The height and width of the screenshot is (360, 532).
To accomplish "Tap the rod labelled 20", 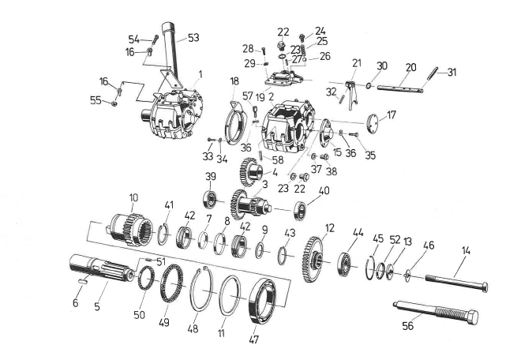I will pos(398,89).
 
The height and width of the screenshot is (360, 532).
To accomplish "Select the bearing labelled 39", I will pos(211,197).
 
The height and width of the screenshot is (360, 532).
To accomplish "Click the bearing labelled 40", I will pos(300,212).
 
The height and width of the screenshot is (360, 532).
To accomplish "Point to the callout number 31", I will pos(451,73).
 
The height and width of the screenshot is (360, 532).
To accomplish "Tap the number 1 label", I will pos(200,75).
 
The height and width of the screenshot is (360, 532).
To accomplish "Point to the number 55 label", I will pos(95,101).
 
